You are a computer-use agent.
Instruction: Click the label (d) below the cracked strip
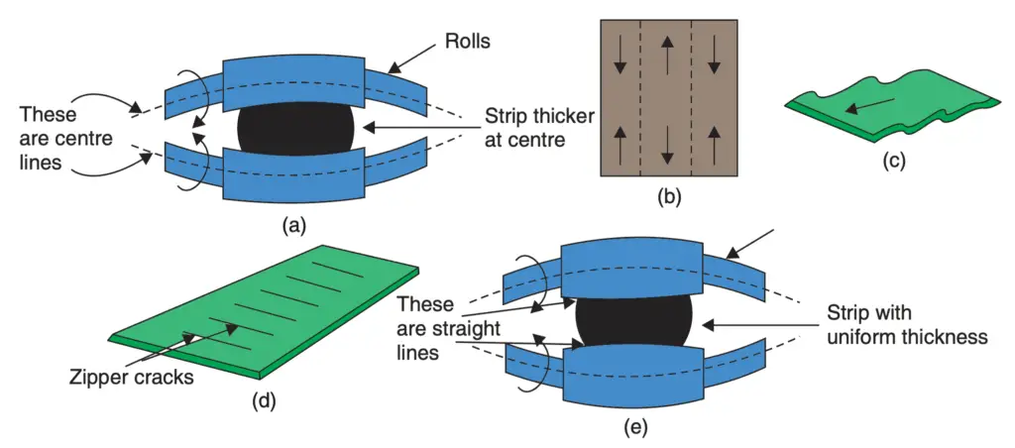tap(265, 400)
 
